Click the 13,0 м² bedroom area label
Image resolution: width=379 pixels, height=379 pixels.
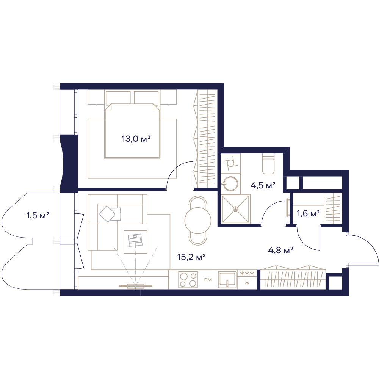136,139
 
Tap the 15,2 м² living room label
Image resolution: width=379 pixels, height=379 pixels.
191,257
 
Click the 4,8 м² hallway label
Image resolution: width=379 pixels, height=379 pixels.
280,250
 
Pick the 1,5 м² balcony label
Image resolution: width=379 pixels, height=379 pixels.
38,215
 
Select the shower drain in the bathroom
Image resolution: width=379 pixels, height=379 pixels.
236,208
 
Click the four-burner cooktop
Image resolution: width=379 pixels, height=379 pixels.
188,280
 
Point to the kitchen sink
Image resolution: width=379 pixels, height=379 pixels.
227,279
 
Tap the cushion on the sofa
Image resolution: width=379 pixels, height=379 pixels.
108,213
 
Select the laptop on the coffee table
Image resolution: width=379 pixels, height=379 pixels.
136,240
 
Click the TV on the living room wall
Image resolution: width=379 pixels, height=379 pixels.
135,286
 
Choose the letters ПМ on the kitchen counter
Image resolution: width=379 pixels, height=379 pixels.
208,280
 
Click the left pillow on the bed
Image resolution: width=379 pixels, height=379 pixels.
118,98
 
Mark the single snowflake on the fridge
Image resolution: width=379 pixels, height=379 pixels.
247,283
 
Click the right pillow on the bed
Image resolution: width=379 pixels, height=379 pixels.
147,98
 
